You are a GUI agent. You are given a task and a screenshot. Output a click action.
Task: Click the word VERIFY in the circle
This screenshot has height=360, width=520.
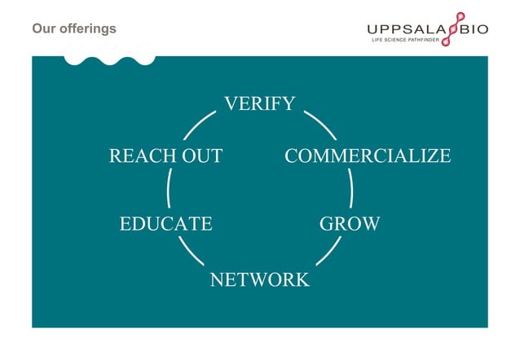coord(259,103)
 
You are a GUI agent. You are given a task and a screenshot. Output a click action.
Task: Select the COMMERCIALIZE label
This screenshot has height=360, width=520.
coord(367,156)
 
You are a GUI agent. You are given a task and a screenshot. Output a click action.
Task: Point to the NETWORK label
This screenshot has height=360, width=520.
coord(259,280)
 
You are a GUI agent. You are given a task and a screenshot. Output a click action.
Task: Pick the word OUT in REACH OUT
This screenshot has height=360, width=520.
coord(201,156)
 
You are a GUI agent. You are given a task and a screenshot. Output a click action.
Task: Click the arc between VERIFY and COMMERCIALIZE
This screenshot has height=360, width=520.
coord(320,125)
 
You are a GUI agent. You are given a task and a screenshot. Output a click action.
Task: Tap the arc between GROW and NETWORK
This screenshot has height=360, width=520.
coord(328,251)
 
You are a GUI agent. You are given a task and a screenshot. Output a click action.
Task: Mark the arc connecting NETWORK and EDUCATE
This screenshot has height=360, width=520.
coord(192,251)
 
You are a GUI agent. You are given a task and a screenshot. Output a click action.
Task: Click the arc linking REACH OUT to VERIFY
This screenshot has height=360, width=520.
coord(200,125)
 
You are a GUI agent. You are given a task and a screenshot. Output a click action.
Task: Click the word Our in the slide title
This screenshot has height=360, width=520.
coord(42,29)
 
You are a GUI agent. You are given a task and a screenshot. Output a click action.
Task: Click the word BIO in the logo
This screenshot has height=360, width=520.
coord(474,29)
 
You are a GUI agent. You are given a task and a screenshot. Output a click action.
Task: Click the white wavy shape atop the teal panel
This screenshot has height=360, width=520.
coord(109,57)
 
